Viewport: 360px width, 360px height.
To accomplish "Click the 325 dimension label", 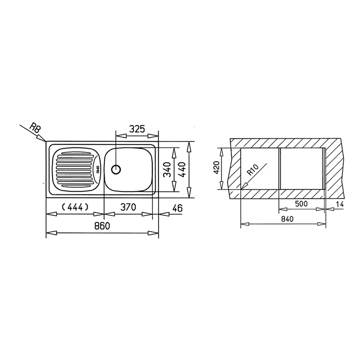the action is point(137,129).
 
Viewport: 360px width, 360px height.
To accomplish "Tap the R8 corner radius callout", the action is point(35,129).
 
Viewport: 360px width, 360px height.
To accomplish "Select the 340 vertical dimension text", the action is point(167,170).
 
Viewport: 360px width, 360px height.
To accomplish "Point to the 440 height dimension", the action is point(182,170).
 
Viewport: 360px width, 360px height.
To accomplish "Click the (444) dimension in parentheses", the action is point(75,207).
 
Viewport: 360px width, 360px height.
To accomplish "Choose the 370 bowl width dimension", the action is point(128,207).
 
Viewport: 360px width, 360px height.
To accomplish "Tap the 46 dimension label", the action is point(177,208).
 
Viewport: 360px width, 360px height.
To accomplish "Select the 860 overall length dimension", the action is point(102,226).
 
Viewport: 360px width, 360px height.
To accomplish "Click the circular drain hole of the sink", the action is point(116,170).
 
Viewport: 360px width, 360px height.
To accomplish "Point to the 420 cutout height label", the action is point(216,167).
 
